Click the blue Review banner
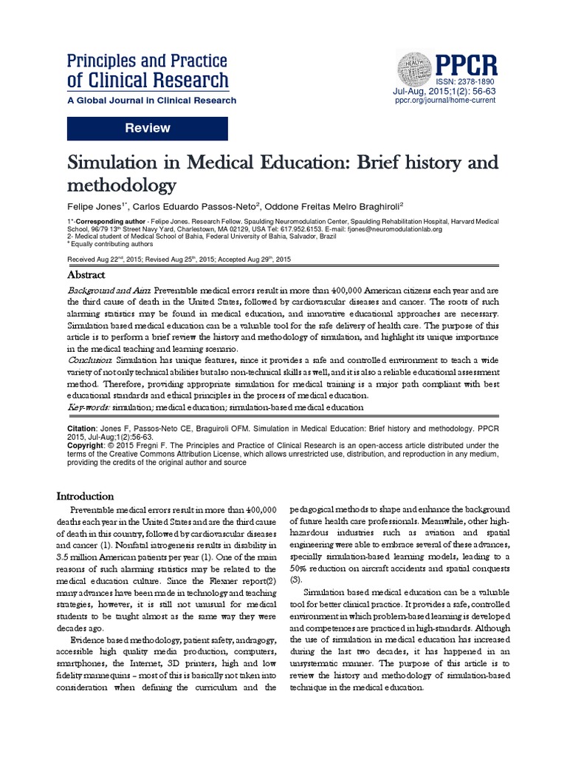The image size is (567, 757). pyautogui.click(x=147, y=129)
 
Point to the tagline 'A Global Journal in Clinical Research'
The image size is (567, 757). pyautogui.click(x=152, y=101)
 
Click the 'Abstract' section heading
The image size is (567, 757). pyautogui.click(x=86, y=274)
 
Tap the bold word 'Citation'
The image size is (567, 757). pyautogui.click(x=81, y=428)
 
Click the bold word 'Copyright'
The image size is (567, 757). pyautogui.click(x=87, y=446)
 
